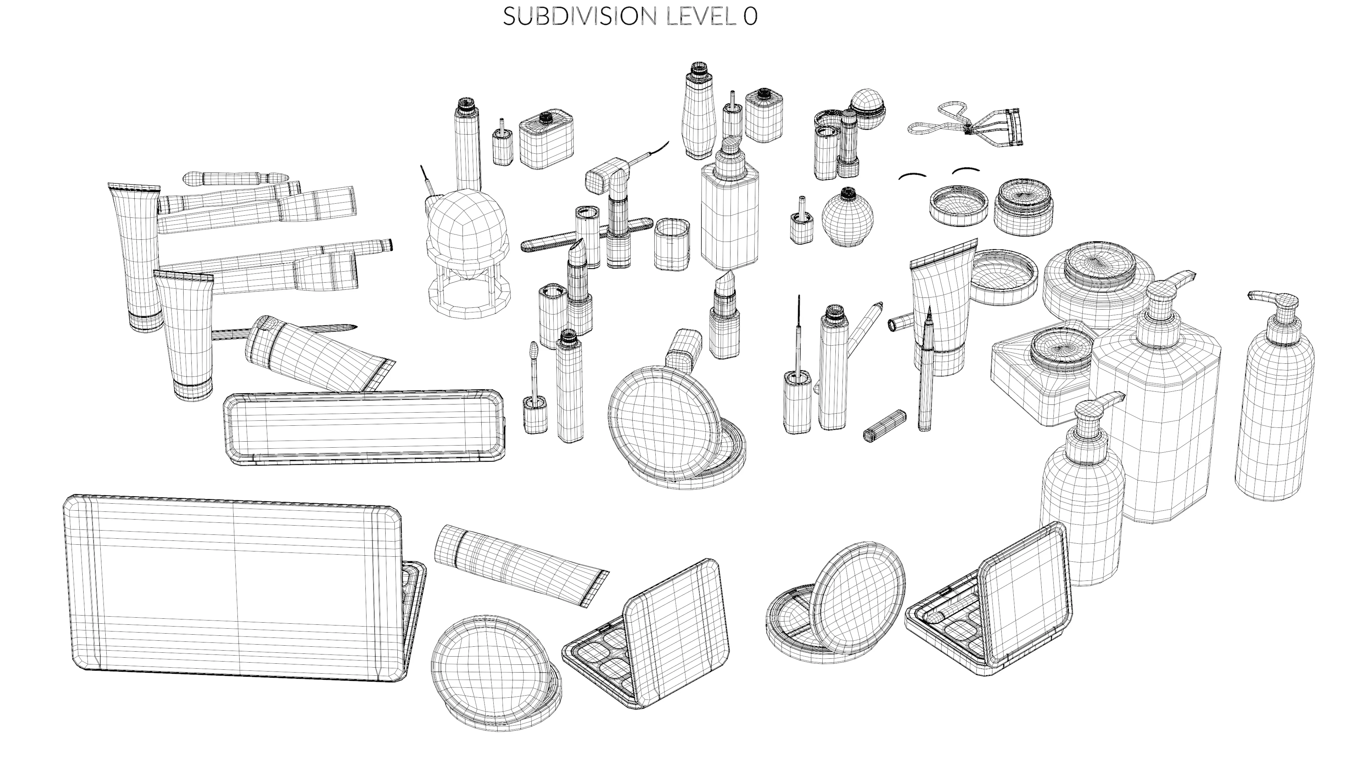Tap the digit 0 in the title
point(750,17)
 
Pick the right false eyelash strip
point(966,170)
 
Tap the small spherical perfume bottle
point(847,219)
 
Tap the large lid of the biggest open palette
point(233,586)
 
